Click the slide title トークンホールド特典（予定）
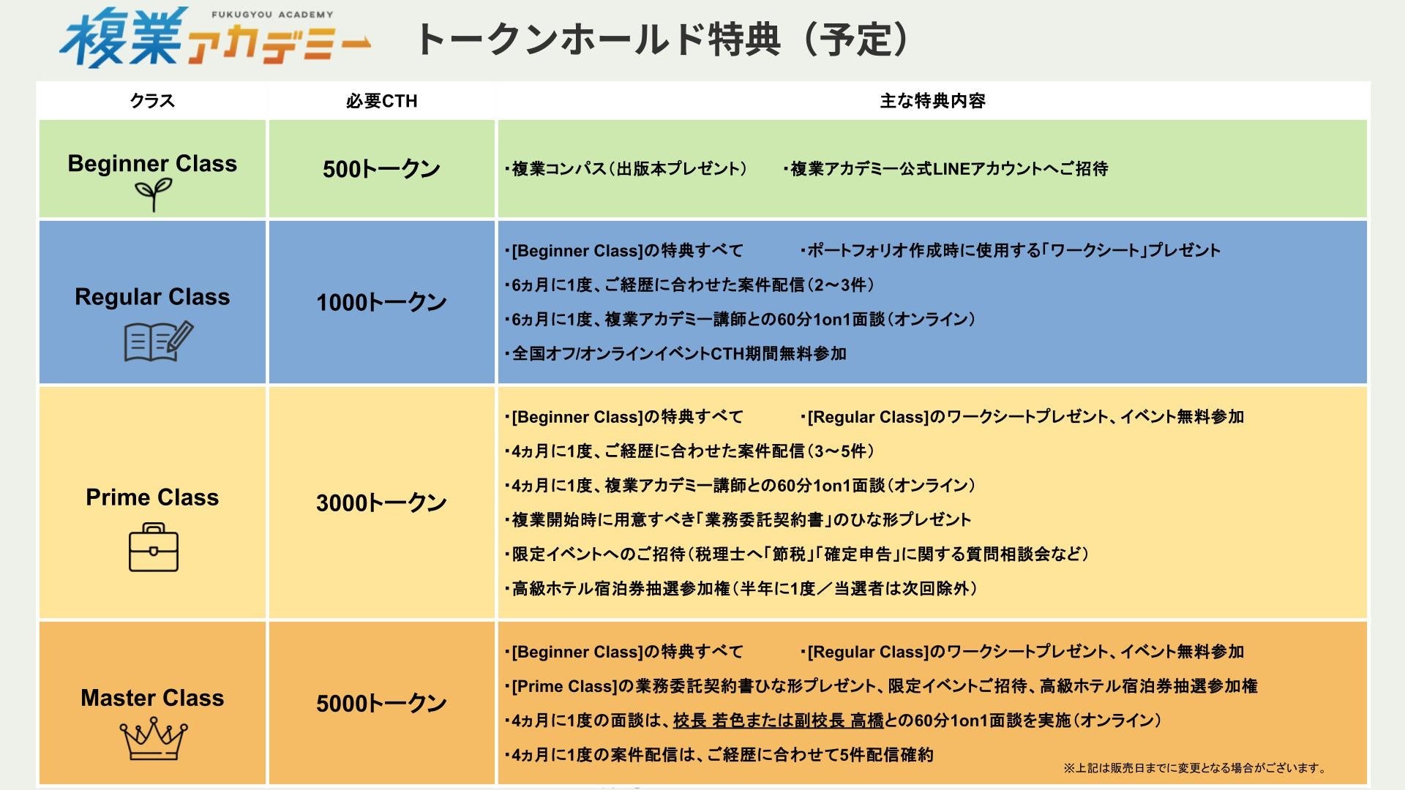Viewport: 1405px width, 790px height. (x=662, y=39)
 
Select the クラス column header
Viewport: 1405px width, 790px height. (x=152, y=101)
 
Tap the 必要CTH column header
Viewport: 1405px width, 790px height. (x=381, y=101)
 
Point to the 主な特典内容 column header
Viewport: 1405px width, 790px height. (x=932, y=101)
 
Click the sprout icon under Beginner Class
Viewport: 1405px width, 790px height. (x=153, y=195)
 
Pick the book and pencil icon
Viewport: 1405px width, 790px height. (x=158, y=341)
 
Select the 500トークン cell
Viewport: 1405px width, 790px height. (x=381, y=169)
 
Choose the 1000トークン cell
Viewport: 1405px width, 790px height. (x=381, y=302)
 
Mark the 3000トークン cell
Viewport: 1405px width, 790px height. (x=381, y=503)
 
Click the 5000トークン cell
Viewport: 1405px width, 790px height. (x=381, y=703)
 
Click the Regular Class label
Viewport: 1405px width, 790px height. (x=152, y=297)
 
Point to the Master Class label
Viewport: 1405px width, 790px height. (x=152, y=698)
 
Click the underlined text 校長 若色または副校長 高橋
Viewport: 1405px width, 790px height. (x=779, y=721)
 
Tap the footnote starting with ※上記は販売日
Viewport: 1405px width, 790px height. (x=1194, y=768)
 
